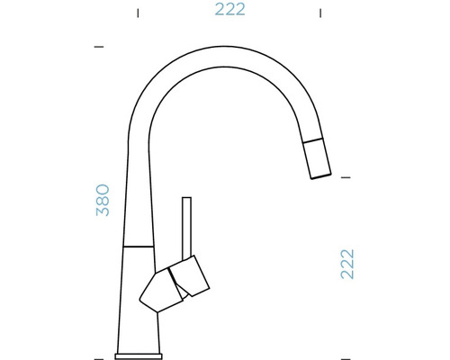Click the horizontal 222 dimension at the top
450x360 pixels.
(x=229, y=11)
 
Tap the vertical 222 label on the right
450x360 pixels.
(x=347, y=263)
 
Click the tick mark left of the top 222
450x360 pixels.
(x=137, y=13)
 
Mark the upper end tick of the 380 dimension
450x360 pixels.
(x=98, y=45)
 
